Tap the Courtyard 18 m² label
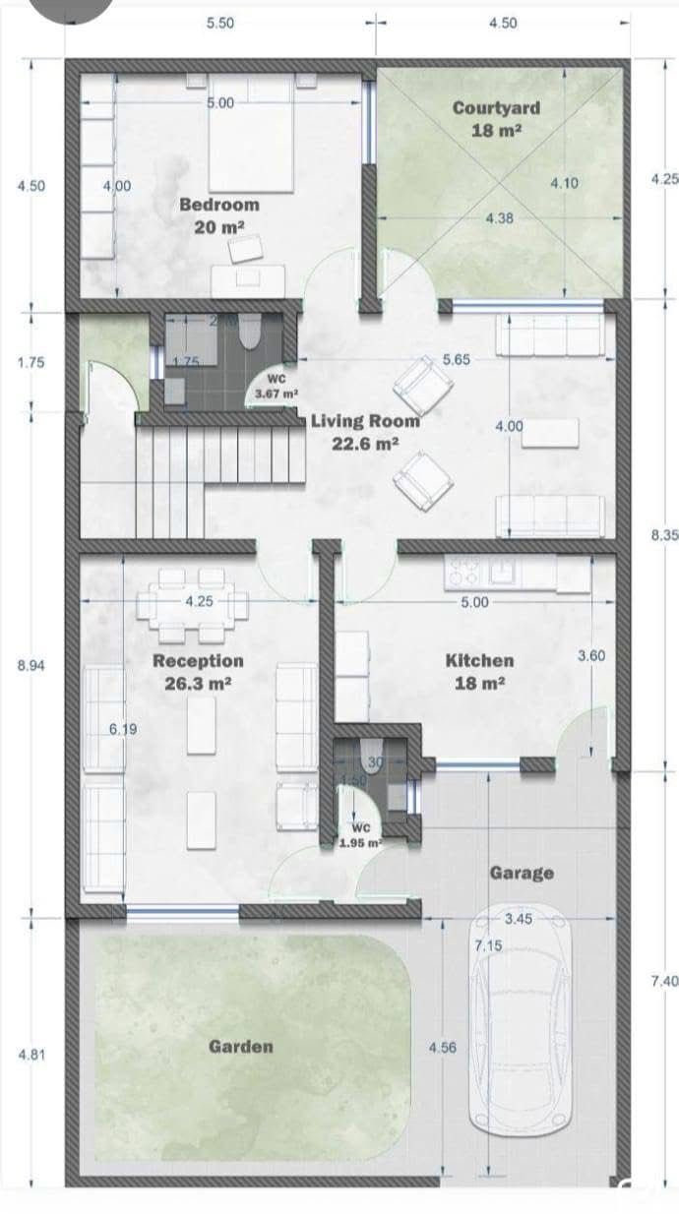click(496, 118)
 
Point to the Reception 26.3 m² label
click(198, 671)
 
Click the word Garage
click(521, 873)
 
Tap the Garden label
click(240, 1046)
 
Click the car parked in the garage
click(520, 1023)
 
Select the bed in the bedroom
click(250, 138)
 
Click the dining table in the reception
click(192, 611)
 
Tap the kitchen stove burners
click(463, 570)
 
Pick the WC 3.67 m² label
click(276, 387)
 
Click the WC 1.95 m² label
click(360, 835)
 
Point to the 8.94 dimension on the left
click(31, 665)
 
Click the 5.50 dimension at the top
click(219, 24)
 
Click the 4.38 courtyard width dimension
click(499, 218)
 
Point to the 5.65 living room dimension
click(456, 360)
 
